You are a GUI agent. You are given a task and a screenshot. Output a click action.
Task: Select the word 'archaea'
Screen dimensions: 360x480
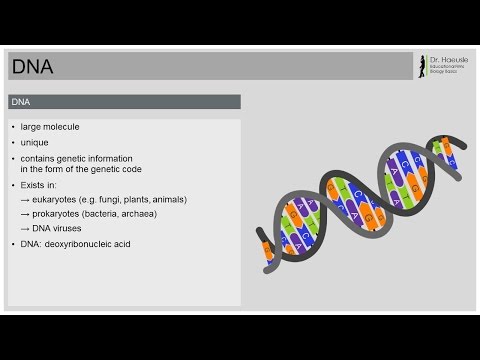coord(164,214)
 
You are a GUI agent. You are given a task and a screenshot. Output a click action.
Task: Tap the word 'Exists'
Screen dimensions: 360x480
coord(37,184)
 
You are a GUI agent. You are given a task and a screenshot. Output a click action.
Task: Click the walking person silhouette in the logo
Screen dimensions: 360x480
coord(421,65)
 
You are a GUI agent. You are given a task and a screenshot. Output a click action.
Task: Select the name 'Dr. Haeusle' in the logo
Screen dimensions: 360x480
coord(447,60)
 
